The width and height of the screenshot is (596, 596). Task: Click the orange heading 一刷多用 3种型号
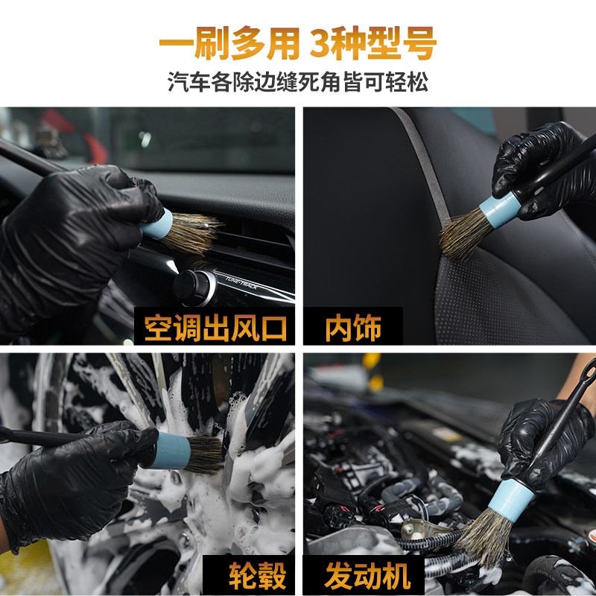[297, 43]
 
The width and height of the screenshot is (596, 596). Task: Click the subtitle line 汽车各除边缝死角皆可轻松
[298, 82]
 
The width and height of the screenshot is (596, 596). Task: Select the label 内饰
[352, 327]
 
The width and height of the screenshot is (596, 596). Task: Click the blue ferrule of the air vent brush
[157, 223]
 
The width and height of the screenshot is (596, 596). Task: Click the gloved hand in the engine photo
[533, 440]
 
